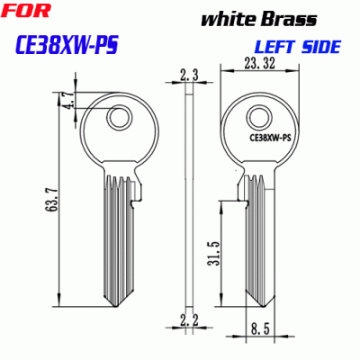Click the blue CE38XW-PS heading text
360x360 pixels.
pyautogui.click(x=68, y=44)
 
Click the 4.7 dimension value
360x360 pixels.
pyautogui.click(x=68, y=100)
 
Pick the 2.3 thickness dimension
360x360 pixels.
pyautogui.click(x=188, y=77)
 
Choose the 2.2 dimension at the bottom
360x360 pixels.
pyautogui.click(x=188, y=319)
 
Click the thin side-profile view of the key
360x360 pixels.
pyautogui.click(x=188, y=198)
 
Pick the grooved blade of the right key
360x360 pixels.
pyautogui.click(x=256, y=234)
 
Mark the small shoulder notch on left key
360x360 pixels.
pyautogui.click(x=136, y=190)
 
